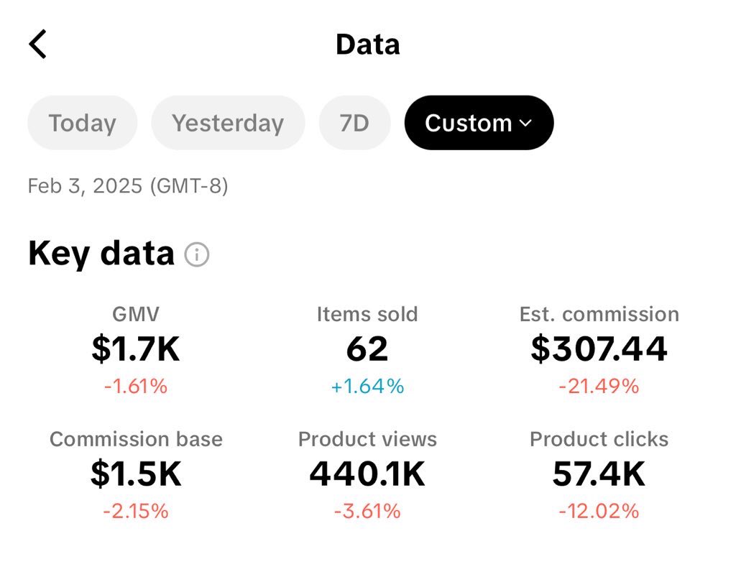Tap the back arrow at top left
tap(38, 45)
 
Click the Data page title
tap(367, 45)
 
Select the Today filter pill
tap(82, 123)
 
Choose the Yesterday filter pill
tap(228, 123)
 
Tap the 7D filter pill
tap(354, 123)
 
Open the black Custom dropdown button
tap(479, 123)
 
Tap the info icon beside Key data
tap(197, 254)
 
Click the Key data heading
tap(101, 254)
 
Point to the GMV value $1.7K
tap(136, 349)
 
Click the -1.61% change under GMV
tap(136, 387)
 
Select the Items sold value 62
tap(367, 349)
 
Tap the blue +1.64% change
tap(367, 387)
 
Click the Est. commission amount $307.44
tap(599, 349)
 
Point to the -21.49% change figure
tap(599, 387)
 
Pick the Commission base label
tap(136, 439)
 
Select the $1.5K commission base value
tap(136, 474)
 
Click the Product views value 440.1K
tap(367, 474)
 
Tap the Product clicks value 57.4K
tap(599, 474)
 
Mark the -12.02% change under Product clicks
tap(599, 512)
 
